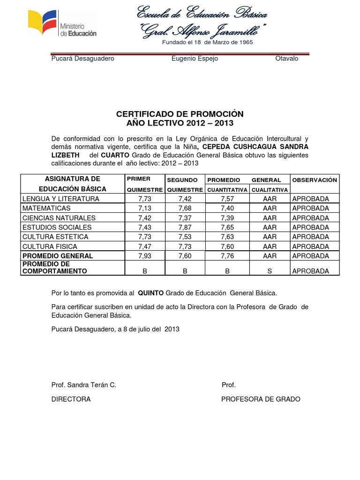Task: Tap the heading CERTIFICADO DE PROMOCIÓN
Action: coord(180,114)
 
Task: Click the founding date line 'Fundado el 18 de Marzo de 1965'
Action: coord(208,42)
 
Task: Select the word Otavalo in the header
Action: coord(286,59)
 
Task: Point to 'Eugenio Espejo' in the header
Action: coord(195,59)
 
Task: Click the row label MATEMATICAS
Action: coord(46,208)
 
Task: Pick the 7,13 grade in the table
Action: coord(145,208)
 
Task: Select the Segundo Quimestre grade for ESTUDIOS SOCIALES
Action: coord(185,227)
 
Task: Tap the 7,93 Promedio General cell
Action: coord(145,256)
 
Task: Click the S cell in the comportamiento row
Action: coord(270,271)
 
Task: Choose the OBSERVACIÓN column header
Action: coord(315,180)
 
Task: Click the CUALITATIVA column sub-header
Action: coord(270,190)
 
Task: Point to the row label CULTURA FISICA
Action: coord(50,247)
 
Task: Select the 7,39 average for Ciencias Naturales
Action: coord(227,218)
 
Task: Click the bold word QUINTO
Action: coord(150,293)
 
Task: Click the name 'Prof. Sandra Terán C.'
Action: coord(83,385)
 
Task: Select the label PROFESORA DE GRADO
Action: coord(261,399)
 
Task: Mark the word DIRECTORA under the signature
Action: coord(71,399)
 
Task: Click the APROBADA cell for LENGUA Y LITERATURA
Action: coord(310,199)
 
